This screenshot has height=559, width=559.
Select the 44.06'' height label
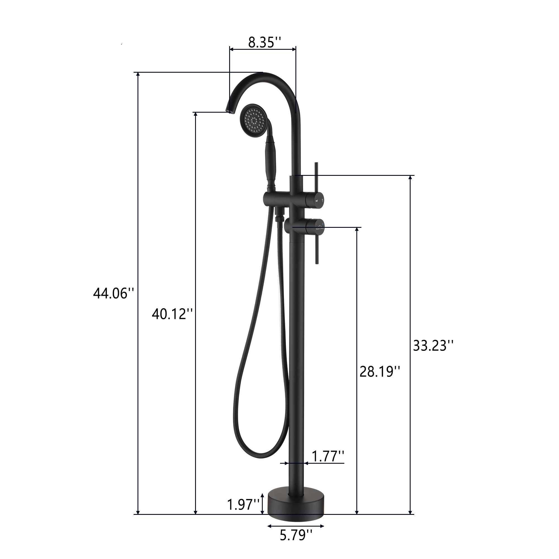(114, 294)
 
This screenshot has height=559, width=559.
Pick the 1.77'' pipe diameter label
(328, 457)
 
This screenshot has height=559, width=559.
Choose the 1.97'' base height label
(243, 505)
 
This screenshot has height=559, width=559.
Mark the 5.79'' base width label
(296, 536)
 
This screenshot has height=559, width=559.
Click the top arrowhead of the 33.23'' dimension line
(410, 178)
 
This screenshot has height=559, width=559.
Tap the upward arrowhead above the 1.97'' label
(262, 496)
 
